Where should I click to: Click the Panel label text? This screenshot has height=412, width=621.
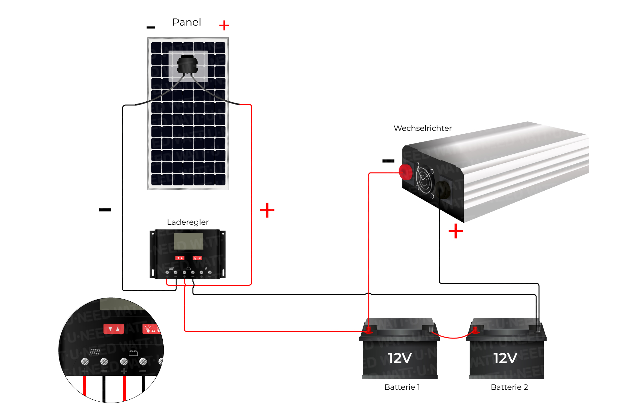tap(187, 22)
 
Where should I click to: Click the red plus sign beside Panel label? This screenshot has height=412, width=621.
tap(224, 25)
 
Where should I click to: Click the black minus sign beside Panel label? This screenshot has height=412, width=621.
tap(151, 28)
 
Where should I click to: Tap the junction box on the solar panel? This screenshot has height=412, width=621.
tap(187, 65)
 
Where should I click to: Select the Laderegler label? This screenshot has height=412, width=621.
tap(188, 222)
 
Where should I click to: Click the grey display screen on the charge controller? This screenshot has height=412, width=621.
tap(188, 241)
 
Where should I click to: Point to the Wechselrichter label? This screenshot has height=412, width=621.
tap(422, 128)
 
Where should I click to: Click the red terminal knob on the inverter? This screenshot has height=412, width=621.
tap(406, 172)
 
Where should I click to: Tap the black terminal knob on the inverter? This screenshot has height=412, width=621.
tap(443, 190)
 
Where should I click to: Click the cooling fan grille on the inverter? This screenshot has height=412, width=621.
tap(424, 180)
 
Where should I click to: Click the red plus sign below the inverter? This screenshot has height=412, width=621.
tap(455, 231)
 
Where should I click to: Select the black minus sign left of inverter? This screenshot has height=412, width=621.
tap(388, 161)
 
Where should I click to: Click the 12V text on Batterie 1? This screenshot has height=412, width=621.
tap(400, 358)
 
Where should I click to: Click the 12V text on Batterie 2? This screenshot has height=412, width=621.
tap(505, 358)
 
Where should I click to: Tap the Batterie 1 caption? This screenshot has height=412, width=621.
tap(402, 387)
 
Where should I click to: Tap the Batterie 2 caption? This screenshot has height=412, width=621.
tap(509, 387)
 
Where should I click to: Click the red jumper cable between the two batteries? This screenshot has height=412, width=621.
tap(453, 337)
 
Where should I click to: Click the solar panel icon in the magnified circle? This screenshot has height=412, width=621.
tap(95, 352)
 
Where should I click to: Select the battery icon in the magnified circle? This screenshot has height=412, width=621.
tap(133, 353)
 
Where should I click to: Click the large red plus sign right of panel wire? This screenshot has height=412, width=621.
tap(267, 210)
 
